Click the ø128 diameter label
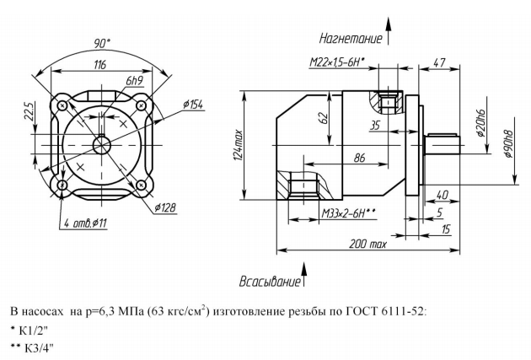click(167, 207)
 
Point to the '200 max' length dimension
click(368, 244)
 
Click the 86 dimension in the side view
click(359, 157)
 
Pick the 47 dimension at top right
click(439, 62)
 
